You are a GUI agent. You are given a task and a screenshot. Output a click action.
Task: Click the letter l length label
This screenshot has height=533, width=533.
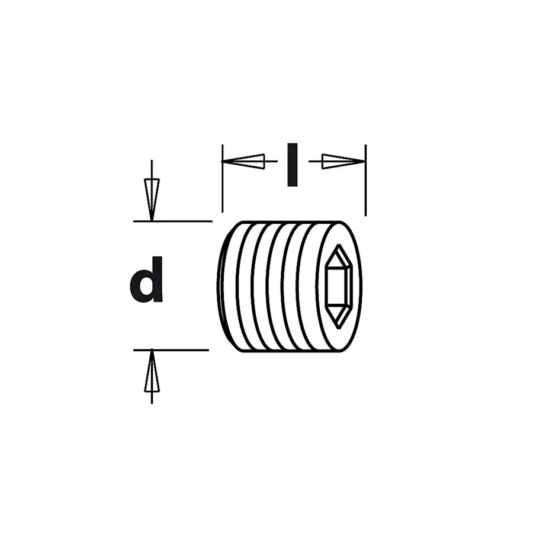tap(293, 165)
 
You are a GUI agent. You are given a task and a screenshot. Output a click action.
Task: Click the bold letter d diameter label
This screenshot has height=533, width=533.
tap(146, 280)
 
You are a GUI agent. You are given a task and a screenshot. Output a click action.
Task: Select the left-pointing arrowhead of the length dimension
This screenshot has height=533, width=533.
tap(243, 161)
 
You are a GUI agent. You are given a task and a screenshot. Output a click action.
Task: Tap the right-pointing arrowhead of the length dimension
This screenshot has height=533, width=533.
tap(343, 161)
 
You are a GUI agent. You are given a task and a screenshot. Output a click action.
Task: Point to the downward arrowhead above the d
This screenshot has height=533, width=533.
tap(152, 200)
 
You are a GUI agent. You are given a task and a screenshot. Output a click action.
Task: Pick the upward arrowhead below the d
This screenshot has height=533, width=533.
tap(152, 371)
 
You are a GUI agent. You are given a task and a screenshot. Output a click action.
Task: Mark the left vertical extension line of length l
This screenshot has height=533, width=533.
tap(222, 178)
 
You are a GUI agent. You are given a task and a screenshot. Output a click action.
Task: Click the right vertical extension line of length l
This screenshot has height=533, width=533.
tap(366, 180)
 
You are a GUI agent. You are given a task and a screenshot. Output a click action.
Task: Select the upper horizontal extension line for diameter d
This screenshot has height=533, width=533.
tap(173, 221)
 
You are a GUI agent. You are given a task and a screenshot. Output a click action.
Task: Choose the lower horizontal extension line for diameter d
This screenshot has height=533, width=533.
tap(171, 350)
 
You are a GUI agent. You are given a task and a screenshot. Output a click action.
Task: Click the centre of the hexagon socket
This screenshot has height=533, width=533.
tap(339, 286)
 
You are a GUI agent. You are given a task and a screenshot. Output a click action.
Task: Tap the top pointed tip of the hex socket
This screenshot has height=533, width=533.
tap(339, 244)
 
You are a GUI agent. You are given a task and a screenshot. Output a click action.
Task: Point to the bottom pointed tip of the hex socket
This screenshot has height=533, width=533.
tap(339, 328)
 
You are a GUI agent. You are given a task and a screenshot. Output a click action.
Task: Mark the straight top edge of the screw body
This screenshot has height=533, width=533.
tap(293, 222)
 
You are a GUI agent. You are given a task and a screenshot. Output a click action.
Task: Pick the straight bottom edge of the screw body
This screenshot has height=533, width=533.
tap(293, 351)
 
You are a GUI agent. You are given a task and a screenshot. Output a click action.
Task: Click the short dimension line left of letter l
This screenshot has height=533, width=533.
tap(271, 161)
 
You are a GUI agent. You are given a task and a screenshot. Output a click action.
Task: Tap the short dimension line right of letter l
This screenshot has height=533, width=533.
tap(316, 161)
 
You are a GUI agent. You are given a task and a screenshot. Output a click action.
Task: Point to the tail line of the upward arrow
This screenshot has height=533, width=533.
tap(152, 398)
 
